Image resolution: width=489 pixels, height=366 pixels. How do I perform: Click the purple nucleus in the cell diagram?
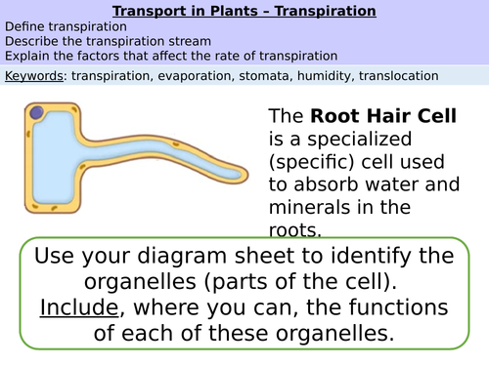37,115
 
